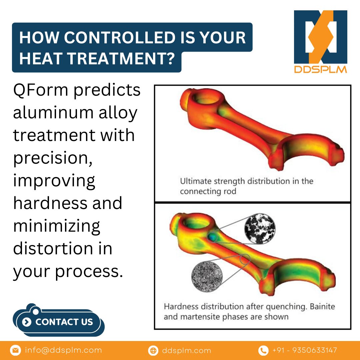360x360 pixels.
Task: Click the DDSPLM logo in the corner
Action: (320, 42)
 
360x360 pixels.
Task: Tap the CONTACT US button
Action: (59, 322)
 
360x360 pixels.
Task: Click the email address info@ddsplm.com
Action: (63, 350)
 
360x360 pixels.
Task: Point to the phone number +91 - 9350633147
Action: (305, 350)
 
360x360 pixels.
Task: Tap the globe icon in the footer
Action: (153, 350)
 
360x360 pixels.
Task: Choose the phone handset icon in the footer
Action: (263, 350)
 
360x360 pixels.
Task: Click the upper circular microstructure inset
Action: (260, 228)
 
